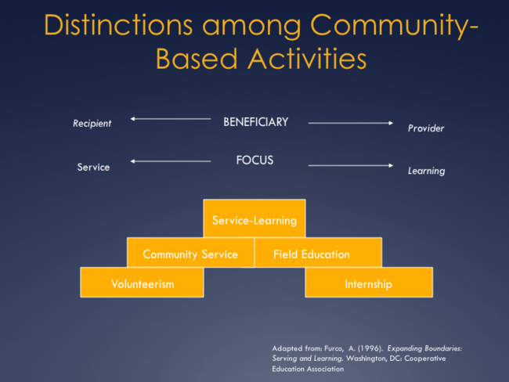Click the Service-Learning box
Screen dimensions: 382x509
254,220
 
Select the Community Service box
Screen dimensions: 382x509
190,254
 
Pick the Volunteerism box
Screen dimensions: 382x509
142,283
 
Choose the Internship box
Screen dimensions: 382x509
368,283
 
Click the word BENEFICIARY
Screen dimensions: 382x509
255,122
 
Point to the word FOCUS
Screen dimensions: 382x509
254,160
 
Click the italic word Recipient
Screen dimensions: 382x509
92,123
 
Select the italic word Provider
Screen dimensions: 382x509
425,128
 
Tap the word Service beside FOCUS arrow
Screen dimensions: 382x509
93,167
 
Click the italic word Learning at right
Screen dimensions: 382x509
426,171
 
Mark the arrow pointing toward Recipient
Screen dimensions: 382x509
170,119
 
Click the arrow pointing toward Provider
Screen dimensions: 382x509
350,123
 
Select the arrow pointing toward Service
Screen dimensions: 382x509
170,161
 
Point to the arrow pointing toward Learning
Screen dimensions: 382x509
350,165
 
